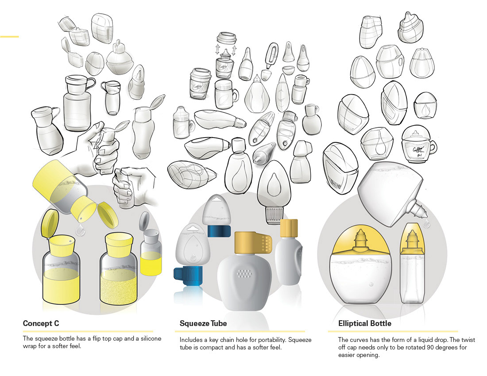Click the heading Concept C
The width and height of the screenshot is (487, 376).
(42, 323)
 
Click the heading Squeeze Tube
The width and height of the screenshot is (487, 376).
(203, 323)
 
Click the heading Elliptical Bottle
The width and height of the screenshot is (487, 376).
(365, 323)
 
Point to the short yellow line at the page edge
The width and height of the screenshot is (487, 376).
(9, 36)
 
